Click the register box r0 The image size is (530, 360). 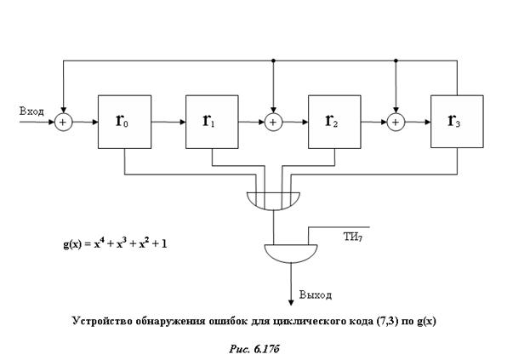pyautogui.click(x=126, y=121)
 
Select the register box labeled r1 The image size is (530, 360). pyautogui.click(x=212, y=121)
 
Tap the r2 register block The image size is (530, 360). pyautogui.click(x=333, y=121)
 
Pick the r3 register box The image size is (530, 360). pyautogui.click(x=457, y=121)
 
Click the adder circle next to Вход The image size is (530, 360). pyautogui.click(x=63, y=122)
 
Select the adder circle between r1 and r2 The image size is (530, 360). pyautogui.click(x=273, y=122)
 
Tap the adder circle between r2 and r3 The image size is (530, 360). pyautogui.click(x=396, y=122)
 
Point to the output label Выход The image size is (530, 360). pyautogui.click(x=315, y=295)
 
